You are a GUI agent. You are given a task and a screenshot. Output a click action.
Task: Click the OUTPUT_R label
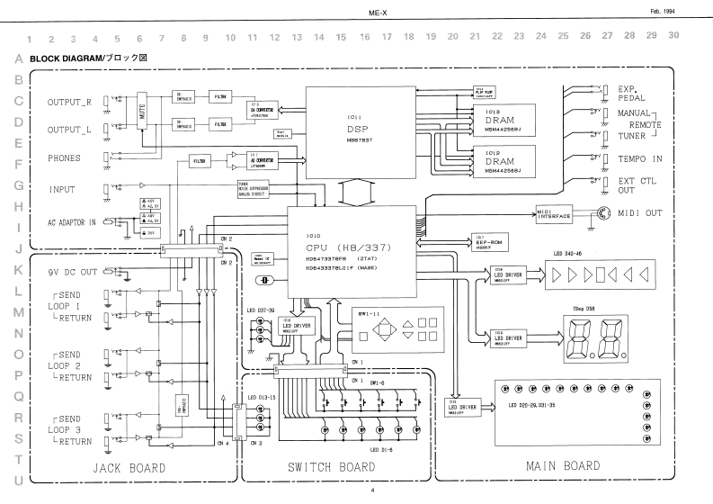click(70, 102)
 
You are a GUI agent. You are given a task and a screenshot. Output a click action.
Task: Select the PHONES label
click(65, 158)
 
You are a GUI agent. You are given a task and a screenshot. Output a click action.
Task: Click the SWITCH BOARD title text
click(332, 468)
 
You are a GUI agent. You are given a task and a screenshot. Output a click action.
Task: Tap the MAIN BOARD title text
click(564, 466)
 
